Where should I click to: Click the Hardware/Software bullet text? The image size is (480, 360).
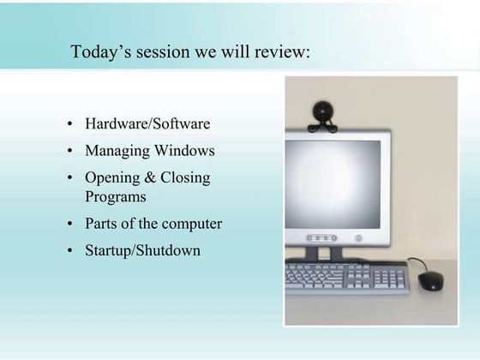[x=147, y=124]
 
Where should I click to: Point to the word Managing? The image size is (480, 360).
[x=117, y=152]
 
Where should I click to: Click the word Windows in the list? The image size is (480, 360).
[x=184, y=151]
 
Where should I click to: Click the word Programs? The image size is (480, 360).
[x=115, y=196]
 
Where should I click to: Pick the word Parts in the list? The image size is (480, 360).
[x=101, y=224]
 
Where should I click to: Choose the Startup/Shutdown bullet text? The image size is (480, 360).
[x=142, y=251]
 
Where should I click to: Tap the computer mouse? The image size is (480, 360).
[x=431, y=280]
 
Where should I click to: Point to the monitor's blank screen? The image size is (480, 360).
[x=333, y=183]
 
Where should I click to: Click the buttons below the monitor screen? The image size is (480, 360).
[x=321, y=237]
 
